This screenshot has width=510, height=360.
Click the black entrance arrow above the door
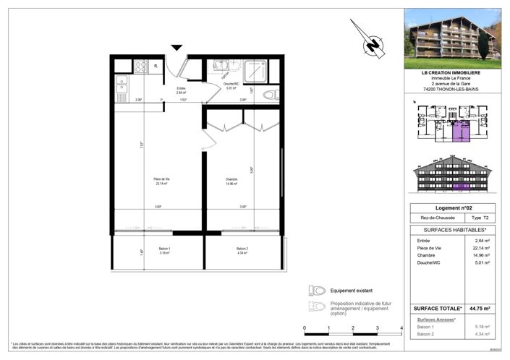177,48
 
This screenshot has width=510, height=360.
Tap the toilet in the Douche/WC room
269,95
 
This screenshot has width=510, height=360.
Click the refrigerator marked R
156,67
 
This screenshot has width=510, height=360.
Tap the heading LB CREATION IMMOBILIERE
451,72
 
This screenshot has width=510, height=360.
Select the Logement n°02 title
451,207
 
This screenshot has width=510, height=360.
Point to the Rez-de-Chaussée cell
432,218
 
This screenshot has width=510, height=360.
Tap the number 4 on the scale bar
400,327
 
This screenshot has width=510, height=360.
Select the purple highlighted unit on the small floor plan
460,132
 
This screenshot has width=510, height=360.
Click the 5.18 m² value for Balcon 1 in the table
482,327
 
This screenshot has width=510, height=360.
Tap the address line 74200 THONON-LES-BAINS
451,90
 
